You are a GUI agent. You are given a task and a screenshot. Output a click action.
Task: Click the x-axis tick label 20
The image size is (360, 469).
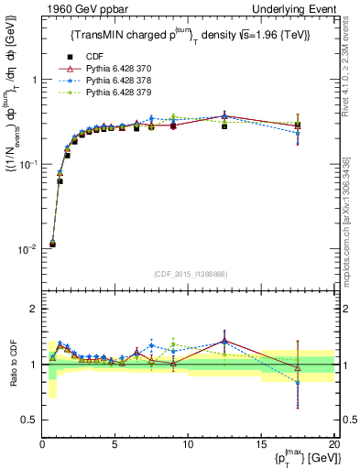click(x=333, y=443)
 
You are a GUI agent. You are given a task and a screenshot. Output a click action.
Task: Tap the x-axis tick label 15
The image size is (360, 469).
click(x=261, y=443)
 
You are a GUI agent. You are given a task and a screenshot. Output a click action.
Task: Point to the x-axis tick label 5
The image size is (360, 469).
click(x=115, y=443)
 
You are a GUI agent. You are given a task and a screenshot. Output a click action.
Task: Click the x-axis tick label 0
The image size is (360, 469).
click(x=43, y=443)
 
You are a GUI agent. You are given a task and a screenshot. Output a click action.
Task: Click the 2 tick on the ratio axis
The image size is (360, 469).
click(x=34, y=310)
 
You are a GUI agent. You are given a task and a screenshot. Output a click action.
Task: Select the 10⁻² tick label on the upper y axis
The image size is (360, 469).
click(x=28, y=249)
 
